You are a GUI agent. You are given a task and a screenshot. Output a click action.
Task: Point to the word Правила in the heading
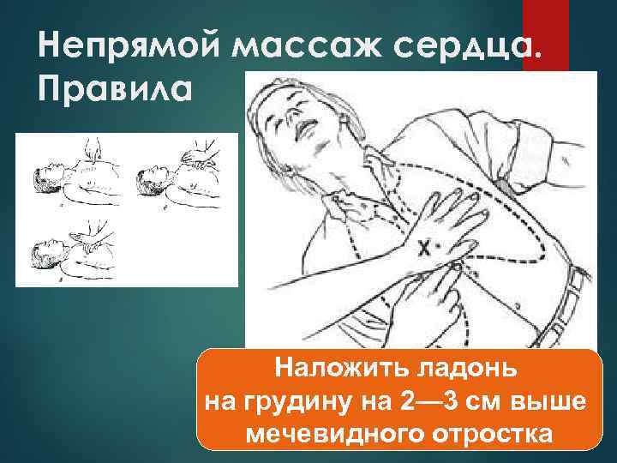pos(111,88)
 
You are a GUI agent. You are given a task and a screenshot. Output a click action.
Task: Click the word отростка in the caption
pos(484,435)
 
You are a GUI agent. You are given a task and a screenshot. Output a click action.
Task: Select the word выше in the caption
pos(548,402)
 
